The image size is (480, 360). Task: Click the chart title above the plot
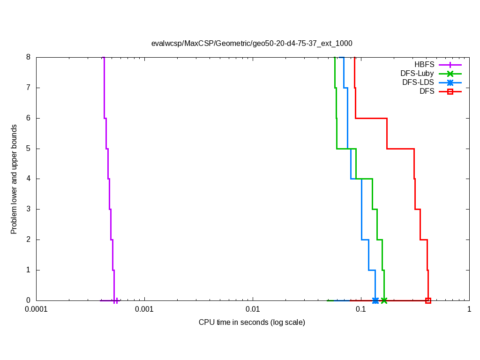252,43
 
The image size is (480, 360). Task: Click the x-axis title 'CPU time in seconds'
252,322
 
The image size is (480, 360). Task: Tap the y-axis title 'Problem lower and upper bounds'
14,179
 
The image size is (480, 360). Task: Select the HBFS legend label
424,64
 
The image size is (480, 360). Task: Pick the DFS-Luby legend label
417,73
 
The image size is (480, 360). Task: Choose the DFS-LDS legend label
418,82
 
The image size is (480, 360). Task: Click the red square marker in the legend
450,91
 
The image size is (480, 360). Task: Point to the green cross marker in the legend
450,74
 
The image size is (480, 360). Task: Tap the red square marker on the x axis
428,300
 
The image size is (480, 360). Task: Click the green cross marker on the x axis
384,300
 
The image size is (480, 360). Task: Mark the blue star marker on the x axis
375,300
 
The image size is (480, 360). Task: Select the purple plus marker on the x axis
115,300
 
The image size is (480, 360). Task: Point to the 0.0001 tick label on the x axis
36,309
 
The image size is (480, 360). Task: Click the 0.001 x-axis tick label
144,309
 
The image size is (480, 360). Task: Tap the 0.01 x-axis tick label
253,309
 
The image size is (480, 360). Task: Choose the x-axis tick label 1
469,309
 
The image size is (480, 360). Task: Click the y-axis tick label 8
28,57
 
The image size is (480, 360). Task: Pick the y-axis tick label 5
28,149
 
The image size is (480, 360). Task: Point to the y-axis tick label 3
28,209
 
